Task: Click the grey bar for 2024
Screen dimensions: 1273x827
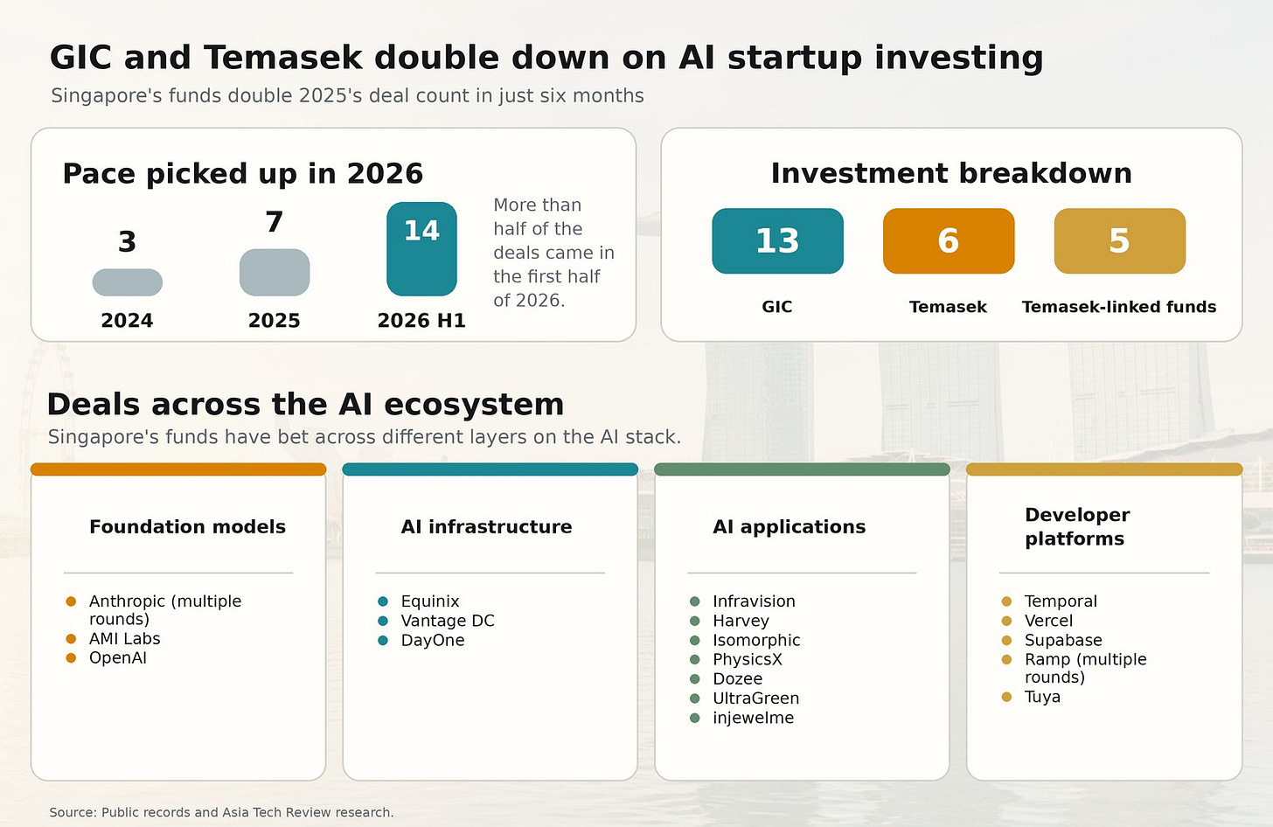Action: pyautogui.click(x=128, y=282)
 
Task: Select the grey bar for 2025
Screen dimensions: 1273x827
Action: pyautogui.click(x=275, y=272)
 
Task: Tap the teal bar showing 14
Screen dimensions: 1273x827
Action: pyautogui.click(x=421, y=249)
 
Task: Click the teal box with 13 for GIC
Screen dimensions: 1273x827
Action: pyautogui.click(x=777, y=241)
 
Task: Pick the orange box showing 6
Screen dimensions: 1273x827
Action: pyautogui.click(x=949, y=241)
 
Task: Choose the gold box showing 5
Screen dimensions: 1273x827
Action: pyautogui.click(x=1119, y=241)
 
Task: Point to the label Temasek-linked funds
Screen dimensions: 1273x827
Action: pyautogui.click(x=1119, y=307)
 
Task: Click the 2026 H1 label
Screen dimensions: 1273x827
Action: pyautogui.click(x=421, y=321)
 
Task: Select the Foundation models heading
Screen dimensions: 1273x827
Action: pyautogui.click(x=187, y=527)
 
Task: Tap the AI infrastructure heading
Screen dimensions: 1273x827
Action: pyautogui.click(x=486, y=527)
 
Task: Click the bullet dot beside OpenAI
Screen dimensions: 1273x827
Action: pyautogui.click(x=71, y=658)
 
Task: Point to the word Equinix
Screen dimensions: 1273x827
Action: pyautogui.click(x=430, y=601)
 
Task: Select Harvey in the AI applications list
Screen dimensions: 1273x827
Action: pyautogui.click(x=741, y=621)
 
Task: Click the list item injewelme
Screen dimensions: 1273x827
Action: pyautogui.click(x=754, y=718)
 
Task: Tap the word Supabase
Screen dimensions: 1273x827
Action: pyautogui.click(x=1063, y=641)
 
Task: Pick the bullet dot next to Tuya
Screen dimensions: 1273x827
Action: pyautogui.click(x=1006, y=697)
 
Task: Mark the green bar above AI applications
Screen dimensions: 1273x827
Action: pyautogui.click(x=802, y=469)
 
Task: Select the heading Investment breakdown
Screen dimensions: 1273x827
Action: pyautogui.click(x=951, y=173)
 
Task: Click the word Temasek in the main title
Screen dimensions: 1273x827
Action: pyautogui.click(x=283, y=58)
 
